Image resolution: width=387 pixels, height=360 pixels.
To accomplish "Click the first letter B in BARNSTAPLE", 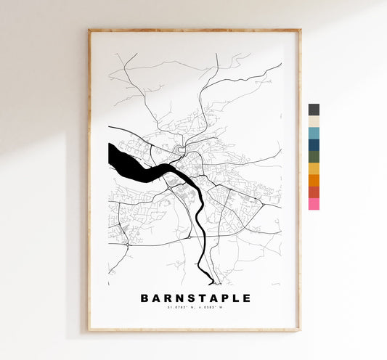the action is tap(143, 298).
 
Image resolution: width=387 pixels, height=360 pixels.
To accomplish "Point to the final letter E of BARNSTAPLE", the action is tap(247, 298).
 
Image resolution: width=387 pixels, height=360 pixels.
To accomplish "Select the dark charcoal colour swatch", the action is tap(314, 110).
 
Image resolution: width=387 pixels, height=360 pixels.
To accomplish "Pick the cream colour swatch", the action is tap(314, 121).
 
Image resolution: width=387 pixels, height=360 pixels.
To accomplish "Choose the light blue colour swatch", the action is tap(314, 134).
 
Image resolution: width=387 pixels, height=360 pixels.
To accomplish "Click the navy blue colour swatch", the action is tap(314, 145).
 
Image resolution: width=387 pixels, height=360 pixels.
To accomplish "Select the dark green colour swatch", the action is tap(314, 157).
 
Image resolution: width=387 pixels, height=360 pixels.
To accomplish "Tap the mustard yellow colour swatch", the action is tap(314, 168).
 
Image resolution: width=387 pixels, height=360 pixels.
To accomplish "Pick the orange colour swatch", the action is tap(314, 180).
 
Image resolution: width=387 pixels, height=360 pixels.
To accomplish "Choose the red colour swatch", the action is tap(314, 192).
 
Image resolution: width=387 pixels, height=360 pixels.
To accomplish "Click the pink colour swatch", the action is tap(314, 204).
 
